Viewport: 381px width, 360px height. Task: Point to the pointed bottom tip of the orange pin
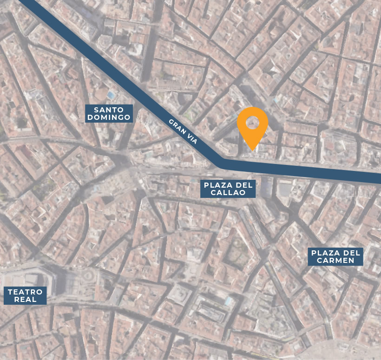[x=252, y=150]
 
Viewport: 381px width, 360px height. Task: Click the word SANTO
[x=109, y=110]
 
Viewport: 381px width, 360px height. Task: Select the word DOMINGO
[x=109, y=118]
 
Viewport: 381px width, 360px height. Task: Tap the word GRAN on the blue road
[x=177, y=126]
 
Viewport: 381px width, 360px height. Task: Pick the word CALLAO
[x=228, y=192]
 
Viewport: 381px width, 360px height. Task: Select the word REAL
[x=26, y=300]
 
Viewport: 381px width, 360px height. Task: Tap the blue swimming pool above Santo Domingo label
[x=111, y=95]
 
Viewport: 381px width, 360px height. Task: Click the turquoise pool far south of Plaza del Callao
[x=228, y=301]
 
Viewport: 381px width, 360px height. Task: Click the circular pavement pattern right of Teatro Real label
[x=87, y=277]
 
